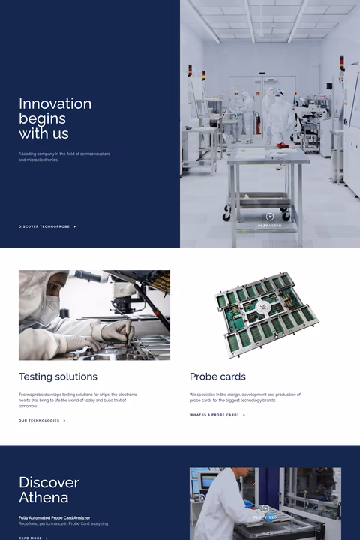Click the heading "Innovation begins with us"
[x=55, y=118]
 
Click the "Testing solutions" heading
[x=58, y=376]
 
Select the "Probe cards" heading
[x=217, y=376]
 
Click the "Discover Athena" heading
[x=49, y=490]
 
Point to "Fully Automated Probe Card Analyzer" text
[x=54, y=517]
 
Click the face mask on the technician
[x=49, y=307]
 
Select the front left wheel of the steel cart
[x=227, y=216]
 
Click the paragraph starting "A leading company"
[x=64, y=157]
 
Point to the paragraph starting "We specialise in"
[x=244, y=397]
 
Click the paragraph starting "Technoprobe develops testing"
[x=77, y=400]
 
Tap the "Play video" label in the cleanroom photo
[x=270, y=225]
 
